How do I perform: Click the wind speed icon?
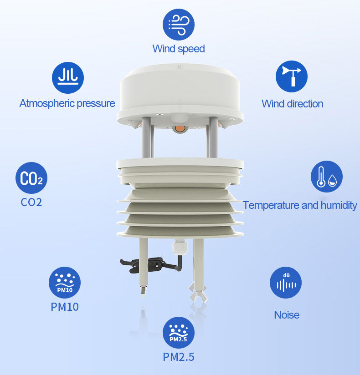[x=179, y=25]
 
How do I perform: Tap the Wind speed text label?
[x=179, y=49]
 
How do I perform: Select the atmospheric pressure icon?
[x=68, y=78]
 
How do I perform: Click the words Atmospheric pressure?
[x=67, y=104]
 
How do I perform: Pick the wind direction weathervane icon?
[x=292, y=76]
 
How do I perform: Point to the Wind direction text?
[x=293, y=104]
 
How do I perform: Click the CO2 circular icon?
[x=31, y=178]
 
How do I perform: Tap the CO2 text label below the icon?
[x=31, y=203]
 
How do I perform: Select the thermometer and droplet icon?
[x=327, y=177]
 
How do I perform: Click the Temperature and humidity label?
[x=300, y=205]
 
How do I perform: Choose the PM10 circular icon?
[x=65, y=283]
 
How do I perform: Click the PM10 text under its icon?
[x=65, y=307]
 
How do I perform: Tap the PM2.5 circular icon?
[x=179, y=333]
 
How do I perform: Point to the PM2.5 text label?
[x=179, y=357]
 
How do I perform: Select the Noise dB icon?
[x=286, y=283]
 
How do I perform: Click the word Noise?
[x=287, y=315]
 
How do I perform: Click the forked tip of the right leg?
[x=198, y=292]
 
